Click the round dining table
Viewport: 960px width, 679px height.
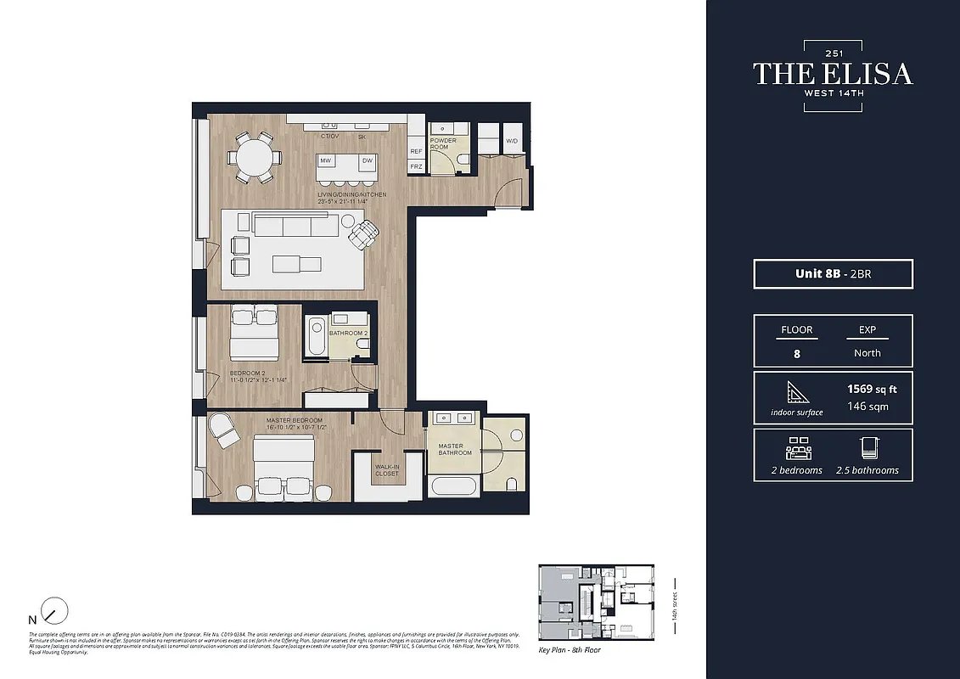tap(255, 156)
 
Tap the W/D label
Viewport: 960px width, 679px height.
tap(512, 141)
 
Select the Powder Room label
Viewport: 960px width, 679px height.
tap(443, 144)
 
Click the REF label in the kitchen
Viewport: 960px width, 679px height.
tap(416, 151)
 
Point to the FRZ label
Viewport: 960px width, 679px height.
tap(416, 167)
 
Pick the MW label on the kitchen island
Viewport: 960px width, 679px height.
tap(326, 160)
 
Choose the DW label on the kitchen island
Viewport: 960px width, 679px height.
tap(368, 160)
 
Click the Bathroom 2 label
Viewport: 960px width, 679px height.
tap(348, 334)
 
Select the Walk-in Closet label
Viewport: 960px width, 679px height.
tap(386, 470)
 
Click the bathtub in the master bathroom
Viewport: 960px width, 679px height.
tap(454, 486)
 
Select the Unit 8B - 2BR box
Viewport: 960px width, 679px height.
tap(833, 274)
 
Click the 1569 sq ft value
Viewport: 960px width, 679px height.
tap(872, 390)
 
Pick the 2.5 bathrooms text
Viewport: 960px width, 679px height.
tap(867, 470)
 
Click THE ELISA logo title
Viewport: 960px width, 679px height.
tap(833, 74)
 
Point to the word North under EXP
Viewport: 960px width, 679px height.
tap(867, 353)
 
